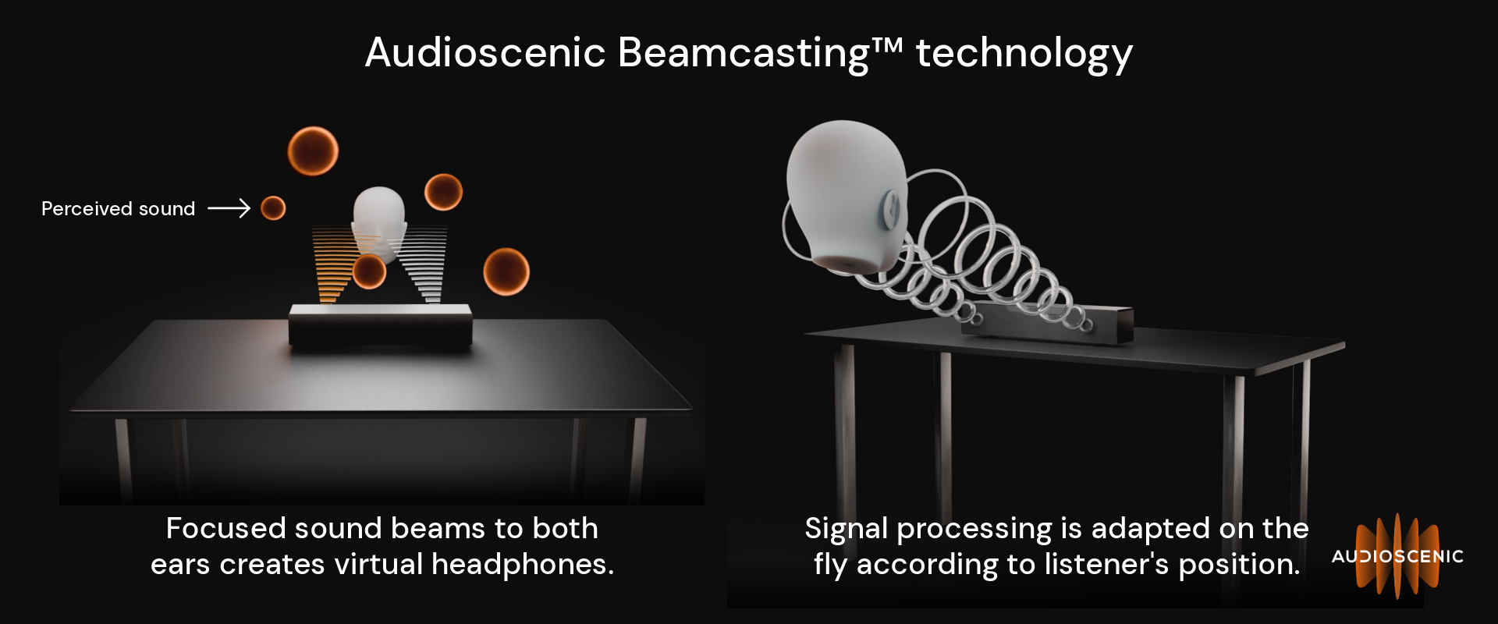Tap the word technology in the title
click(x=1024, y=55)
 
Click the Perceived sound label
click(x=118, y=209)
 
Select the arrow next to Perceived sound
click(x=229, y=208)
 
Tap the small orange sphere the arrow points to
click(x=273, y=208)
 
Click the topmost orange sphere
click(x=313, y=151)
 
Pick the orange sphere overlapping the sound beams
click(x=369, y=271)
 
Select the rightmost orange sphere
click(x=506, y=271)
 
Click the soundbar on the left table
click(x=381, y=324)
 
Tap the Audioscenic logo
click(x=1397, y=555)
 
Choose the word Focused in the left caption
click(x=226, y=528)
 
